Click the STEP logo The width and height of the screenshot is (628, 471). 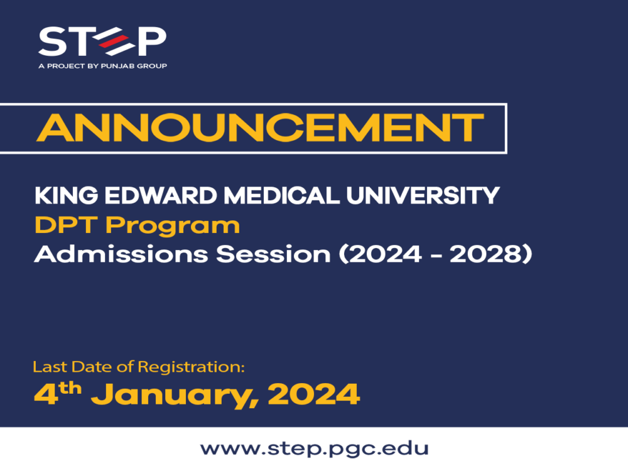pos(102,41)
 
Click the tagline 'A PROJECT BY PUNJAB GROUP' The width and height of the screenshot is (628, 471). pos(102,65)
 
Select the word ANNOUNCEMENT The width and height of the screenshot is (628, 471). pos(259,128)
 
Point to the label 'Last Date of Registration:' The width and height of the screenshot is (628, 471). pos(138,366)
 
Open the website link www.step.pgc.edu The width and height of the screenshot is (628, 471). pos(314,449)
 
